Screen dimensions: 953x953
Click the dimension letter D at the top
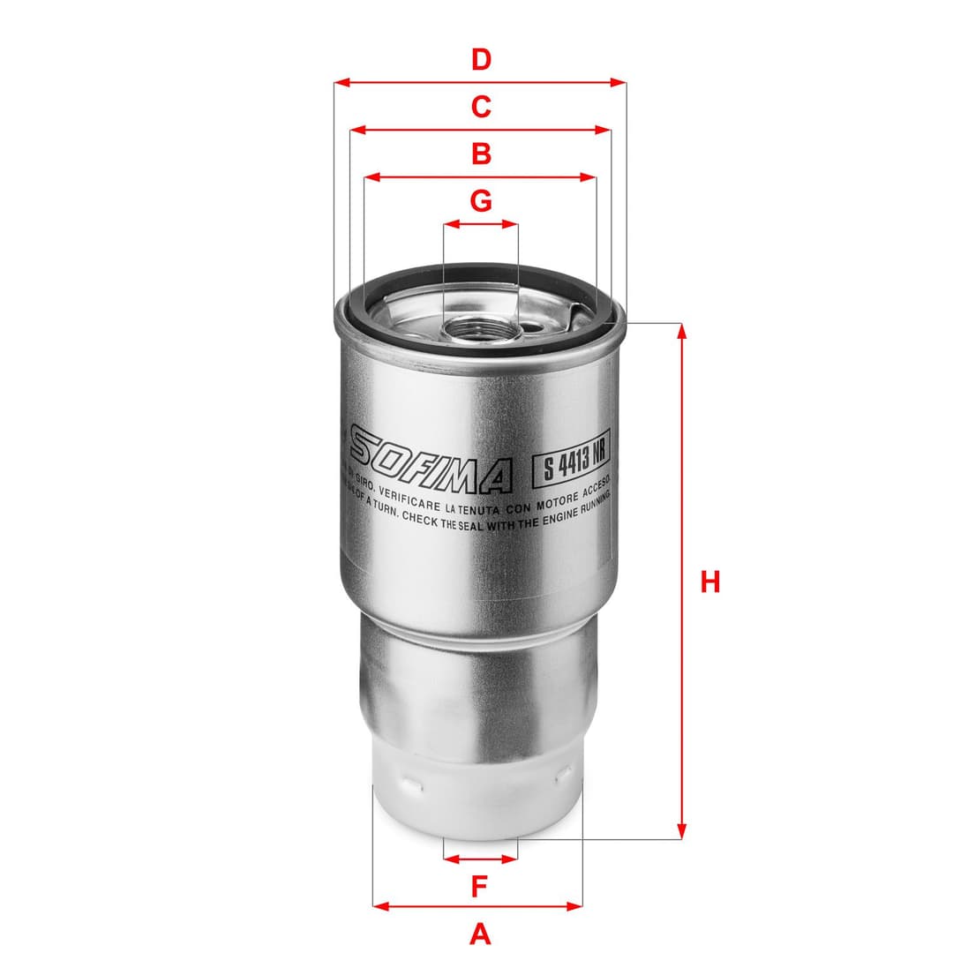click(x=480, y=60)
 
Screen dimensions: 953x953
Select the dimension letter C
click(x=480, y=107)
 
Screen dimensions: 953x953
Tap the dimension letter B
click(x=480, y=154)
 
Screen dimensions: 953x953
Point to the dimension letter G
click(x=480, y=201)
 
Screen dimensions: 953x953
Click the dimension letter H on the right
click(x=710, y=582)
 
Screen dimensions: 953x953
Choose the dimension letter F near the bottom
click(x=479, y=886)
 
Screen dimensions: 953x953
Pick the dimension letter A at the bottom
click(x=479, y=933)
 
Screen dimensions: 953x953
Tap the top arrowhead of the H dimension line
click(x=681, y=330)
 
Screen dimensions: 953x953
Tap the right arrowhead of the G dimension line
click(x=511, y=224)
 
